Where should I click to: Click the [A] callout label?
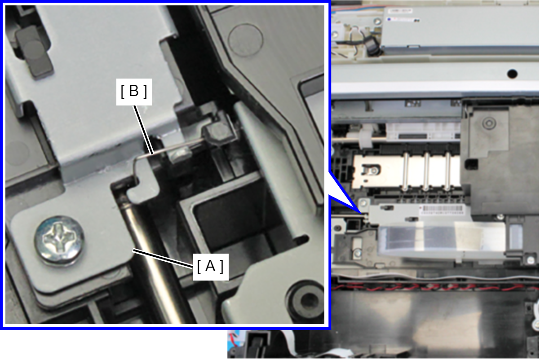click(210, 267)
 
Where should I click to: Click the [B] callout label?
click(134, 92)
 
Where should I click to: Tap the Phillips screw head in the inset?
click(59, 241)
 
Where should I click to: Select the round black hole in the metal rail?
click(512, 73)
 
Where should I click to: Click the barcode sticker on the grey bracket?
click(443, 210)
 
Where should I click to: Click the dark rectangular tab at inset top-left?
click(34, 52)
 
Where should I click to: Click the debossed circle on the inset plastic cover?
click(246, 40)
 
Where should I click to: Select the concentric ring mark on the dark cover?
click(489, 123)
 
